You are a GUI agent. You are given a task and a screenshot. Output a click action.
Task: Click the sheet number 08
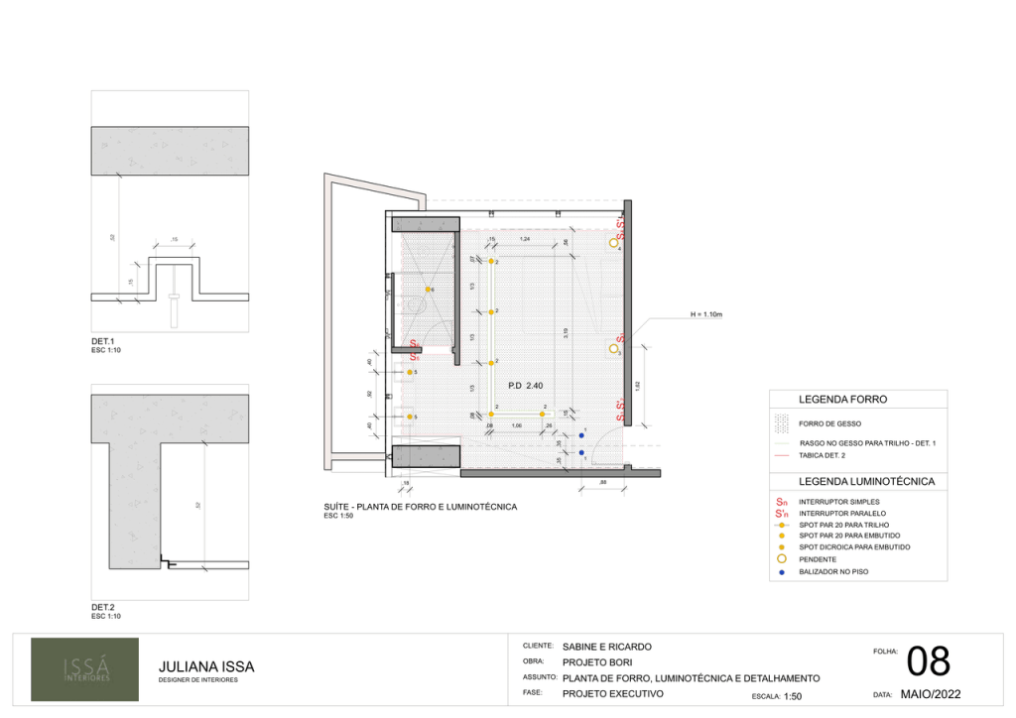929,661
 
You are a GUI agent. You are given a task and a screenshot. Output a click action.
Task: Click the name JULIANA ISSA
206,666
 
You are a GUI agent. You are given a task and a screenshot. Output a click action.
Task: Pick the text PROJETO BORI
597,662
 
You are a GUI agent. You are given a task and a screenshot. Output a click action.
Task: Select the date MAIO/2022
930,695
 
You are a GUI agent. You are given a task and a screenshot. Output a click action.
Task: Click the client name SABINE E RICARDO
606,647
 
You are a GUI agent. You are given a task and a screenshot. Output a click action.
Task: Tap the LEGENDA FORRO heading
843,400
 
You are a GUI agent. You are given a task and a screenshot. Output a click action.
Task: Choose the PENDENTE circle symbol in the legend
782,559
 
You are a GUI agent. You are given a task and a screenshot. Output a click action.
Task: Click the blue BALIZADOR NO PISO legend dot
782,572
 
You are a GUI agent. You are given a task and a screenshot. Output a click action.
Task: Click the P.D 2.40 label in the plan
527,385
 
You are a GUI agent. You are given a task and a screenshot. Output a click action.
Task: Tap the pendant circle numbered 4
614,242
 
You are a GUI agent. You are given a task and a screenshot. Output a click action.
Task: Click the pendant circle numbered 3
614,348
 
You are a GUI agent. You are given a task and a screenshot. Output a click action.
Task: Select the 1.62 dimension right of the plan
638,385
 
